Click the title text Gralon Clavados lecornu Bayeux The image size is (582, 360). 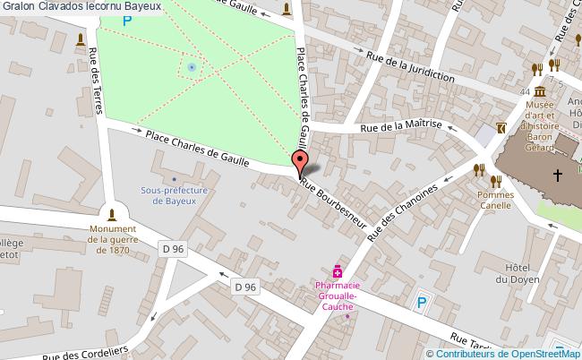[81, 6]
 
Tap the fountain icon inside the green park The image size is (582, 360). [191, 66]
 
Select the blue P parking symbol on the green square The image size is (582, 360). [126, 19]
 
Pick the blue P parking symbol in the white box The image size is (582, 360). [421, 303]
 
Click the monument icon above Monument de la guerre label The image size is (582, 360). [112, 214]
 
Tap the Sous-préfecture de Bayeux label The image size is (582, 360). [175, 196]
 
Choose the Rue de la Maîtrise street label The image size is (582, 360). [400, 127]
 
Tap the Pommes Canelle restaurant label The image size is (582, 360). [494, 200]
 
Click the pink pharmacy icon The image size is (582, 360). [338, 270]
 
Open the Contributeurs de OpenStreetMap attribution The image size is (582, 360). [508, 354]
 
